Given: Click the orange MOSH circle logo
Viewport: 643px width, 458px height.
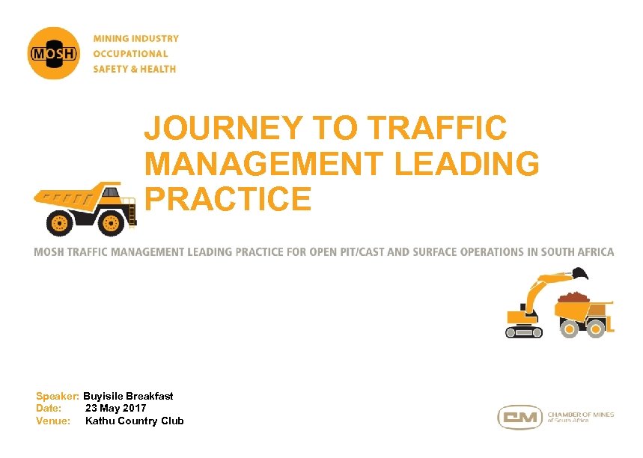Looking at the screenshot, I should (53, 53).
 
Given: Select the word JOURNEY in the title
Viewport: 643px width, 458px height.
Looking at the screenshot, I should (225, 128).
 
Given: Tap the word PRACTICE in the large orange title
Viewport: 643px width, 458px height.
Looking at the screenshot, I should (228, 198).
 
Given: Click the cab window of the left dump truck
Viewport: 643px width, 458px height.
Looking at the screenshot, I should (111, 192).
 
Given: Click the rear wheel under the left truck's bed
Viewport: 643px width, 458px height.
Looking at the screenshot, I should (60, 222).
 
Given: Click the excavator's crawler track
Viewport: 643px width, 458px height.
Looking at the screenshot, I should (523, 330).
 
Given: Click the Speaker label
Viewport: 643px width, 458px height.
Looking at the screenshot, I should (58, 396).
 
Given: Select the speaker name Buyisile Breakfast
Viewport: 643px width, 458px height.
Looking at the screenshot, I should (128, 396).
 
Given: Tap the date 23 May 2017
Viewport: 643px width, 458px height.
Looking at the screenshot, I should (115, 408).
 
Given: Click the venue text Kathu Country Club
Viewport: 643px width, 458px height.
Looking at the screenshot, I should (134, 421).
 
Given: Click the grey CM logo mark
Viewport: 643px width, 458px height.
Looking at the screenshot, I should (520, 418).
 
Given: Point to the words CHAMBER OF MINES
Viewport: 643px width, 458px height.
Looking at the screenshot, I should (581, 414).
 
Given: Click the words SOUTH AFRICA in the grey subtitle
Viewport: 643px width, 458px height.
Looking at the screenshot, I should (574, 252).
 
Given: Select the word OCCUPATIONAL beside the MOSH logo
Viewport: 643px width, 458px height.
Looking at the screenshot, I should (130, 54).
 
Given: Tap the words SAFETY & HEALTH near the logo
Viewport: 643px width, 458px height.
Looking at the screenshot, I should (135, 69).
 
